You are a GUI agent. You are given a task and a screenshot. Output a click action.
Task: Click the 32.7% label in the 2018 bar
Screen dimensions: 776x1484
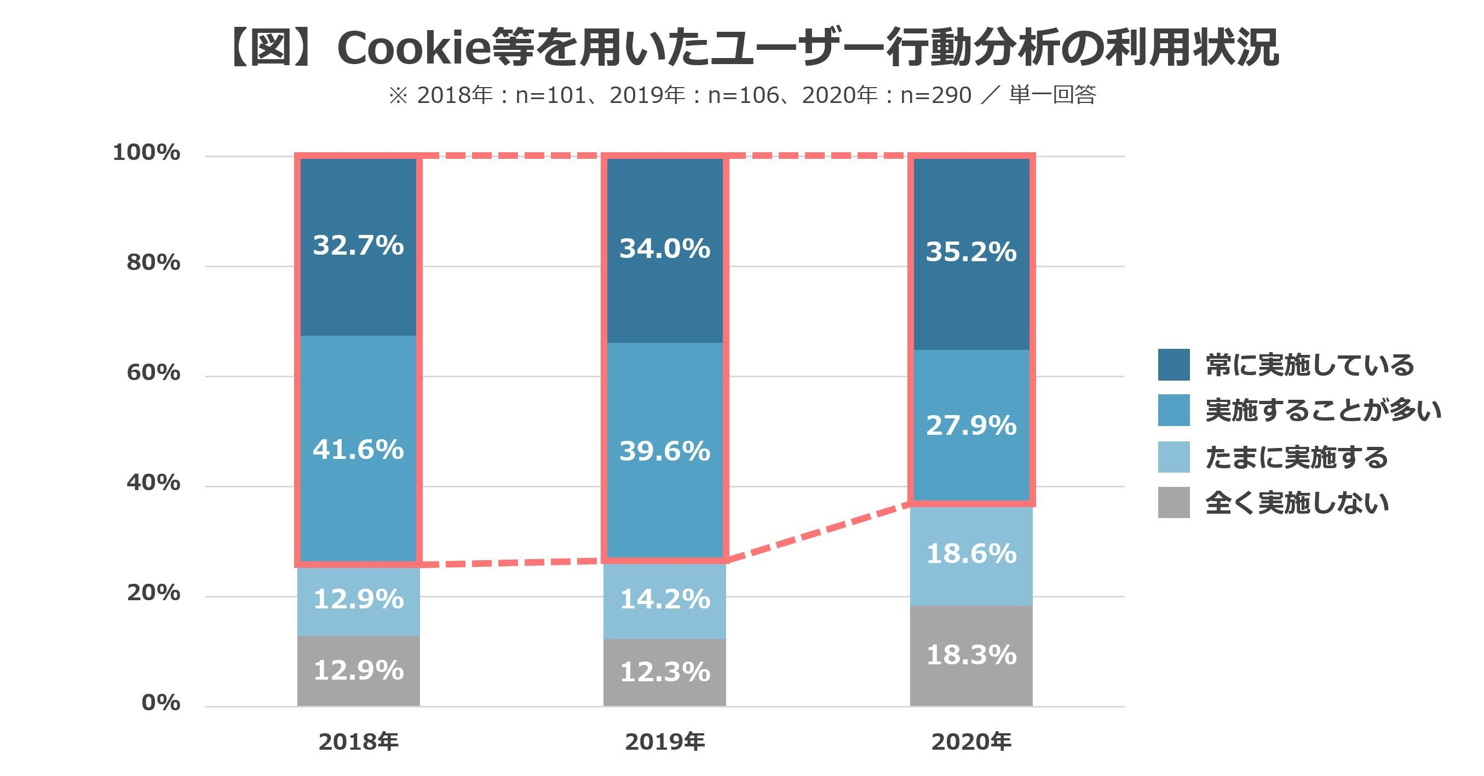pos(358,245)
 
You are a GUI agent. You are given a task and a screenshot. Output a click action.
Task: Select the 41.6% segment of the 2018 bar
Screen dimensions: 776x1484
pos(358,450)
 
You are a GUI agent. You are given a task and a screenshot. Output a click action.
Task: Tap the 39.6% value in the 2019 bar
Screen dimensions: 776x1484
pos(665,451)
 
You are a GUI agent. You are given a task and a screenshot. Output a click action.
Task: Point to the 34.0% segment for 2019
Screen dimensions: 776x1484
pos(665,249)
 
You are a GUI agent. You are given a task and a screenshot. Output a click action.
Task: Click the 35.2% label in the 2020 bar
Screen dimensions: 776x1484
pos(971,252)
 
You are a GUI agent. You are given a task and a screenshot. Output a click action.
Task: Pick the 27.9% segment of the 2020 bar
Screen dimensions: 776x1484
pos(971,426)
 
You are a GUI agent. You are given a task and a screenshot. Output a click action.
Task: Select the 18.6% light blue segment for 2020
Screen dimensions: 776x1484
pos(971,554)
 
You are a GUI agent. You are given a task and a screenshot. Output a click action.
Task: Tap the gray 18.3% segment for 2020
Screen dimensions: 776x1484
pos(971,655)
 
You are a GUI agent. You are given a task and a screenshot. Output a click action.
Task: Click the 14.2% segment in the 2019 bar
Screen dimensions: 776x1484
pos(665,600)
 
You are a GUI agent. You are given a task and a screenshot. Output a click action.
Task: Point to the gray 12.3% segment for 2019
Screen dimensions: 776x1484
pos(665,672)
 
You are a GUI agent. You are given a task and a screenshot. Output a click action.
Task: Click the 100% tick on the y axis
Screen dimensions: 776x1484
pos(146,153)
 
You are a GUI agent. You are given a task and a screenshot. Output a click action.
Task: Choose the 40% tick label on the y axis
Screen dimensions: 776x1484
pos(153,483)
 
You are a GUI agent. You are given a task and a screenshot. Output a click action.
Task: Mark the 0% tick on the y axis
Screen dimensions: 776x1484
pos(161,703)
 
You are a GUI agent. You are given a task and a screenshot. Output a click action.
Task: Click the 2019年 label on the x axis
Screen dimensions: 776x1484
pos(665,742)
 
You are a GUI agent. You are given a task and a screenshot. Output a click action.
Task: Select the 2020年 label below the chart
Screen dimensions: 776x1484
pos(971,742)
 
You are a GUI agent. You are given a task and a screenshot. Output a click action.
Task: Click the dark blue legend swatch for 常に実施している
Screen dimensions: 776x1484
pos(1174,364)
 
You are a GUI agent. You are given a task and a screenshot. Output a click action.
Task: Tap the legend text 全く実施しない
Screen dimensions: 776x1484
pos(1297,503)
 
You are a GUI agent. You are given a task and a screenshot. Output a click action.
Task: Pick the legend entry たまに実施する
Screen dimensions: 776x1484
pos(1296,457)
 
